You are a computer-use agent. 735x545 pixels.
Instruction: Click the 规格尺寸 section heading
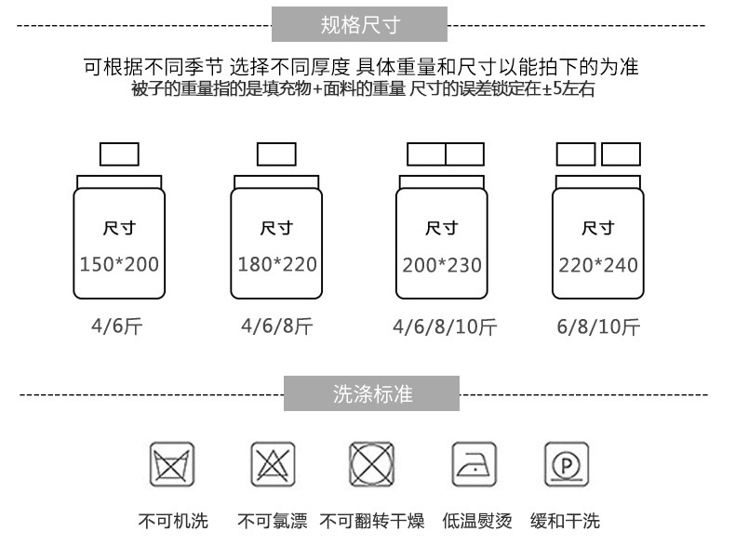tap(359, 25)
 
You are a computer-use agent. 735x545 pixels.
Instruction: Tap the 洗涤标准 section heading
tap(371, 393)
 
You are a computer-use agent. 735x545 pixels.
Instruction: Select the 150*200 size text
tap(119, 265)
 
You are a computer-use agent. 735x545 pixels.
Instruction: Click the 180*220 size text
tap(277, 265)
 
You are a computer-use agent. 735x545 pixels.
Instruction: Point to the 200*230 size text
tap(442, 266)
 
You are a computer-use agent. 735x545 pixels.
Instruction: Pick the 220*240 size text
tap(598, 266)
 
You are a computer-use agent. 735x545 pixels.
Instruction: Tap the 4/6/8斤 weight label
tap(276, 326)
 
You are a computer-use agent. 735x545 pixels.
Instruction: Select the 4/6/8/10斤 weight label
tap(444, 327)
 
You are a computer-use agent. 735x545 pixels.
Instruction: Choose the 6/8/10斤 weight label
tap(598, 327)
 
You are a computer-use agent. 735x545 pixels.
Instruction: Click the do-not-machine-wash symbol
tap(172, 463)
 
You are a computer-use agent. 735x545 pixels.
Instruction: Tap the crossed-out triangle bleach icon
tap(273, 463)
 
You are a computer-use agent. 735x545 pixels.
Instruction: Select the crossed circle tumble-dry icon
tap(372, 463)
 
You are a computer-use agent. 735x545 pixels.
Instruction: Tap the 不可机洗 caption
tap(173, 521)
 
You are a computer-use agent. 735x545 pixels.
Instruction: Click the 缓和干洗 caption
tap(565, 521)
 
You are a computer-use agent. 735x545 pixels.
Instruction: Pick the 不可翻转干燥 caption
tap(373, 521)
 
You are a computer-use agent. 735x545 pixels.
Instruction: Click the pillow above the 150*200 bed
tap(119, 153)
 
